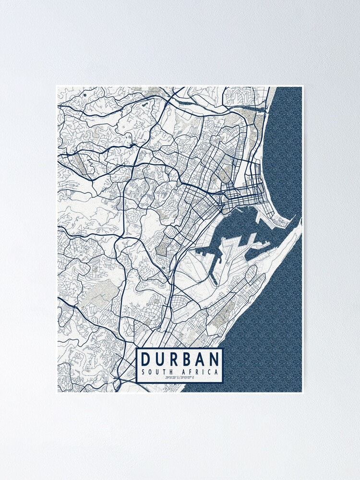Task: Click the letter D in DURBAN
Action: point(146,360)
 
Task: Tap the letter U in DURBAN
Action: point(159,360)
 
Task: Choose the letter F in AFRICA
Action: point(192,372)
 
